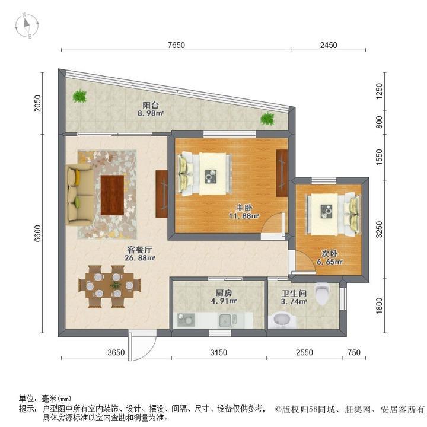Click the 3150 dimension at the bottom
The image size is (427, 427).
point(218,353)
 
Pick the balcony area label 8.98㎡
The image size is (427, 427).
point(150,113)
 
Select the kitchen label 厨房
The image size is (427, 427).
point(224,292)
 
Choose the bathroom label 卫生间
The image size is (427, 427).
point(294,292)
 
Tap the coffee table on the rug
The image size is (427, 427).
point(112,195)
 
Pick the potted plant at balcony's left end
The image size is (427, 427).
point(79,95)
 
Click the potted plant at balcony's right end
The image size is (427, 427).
point(267,119)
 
